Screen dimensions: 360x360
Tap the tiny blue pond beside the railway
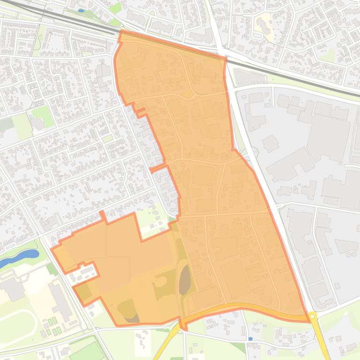(81, 10)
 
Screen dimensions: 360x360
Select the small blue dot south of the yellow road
(251, 338)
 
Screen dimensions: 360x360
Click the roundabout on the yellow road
(312, 317)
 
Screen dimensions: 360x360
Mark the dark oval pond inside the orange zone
(185, 279)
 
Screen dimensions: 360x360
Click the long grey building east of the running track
(60, 300)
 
